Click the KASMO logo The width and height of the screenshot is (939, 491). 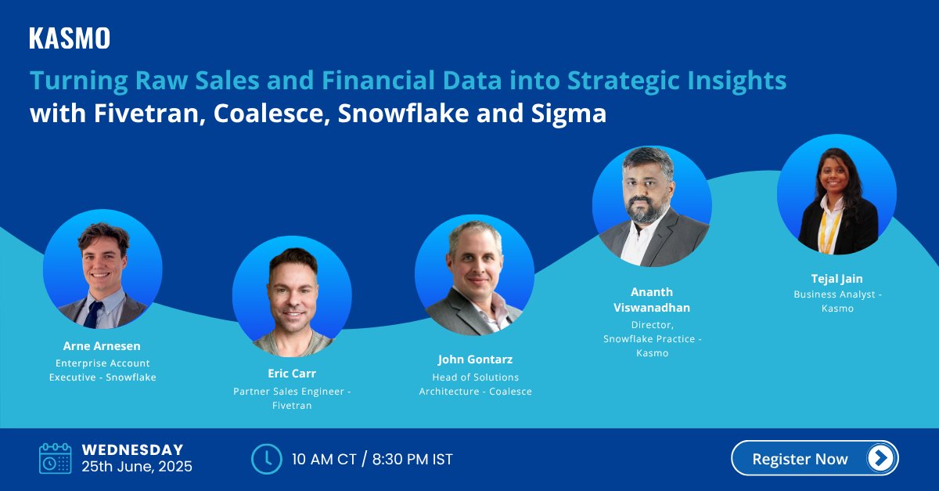(70, 38)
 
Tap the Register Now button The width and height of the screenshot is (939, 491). (814, 458)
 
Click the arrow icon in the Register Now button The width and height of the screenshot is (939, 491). (880, 458)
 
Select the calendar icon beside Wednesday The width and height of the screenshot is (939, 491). (55, 458)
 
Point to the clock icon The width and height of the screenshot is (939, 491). (266, 459)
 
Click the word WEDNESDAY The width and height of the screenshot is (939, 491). (132, 450)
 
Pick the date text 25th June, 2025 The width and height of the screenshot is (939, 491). (137, 468)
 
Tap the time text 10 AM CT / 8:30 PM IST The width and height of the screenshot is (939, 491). (372, 459)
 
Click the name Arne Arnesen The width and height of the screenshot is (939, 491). (103, 345)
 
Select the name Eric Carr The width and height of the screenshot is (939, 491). (292, 374)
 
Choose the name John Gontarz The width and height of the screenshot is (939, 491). (475, 359)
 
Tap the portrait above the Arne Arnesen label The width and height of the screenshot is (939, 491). (103, 269)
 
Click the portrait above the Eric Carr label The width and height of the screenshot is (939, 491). (292, 297)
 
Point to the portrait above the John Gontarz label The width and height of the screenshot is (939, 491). (474, 275)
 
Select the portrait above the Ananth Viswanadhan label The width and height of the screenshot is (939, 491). (652, 205)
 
